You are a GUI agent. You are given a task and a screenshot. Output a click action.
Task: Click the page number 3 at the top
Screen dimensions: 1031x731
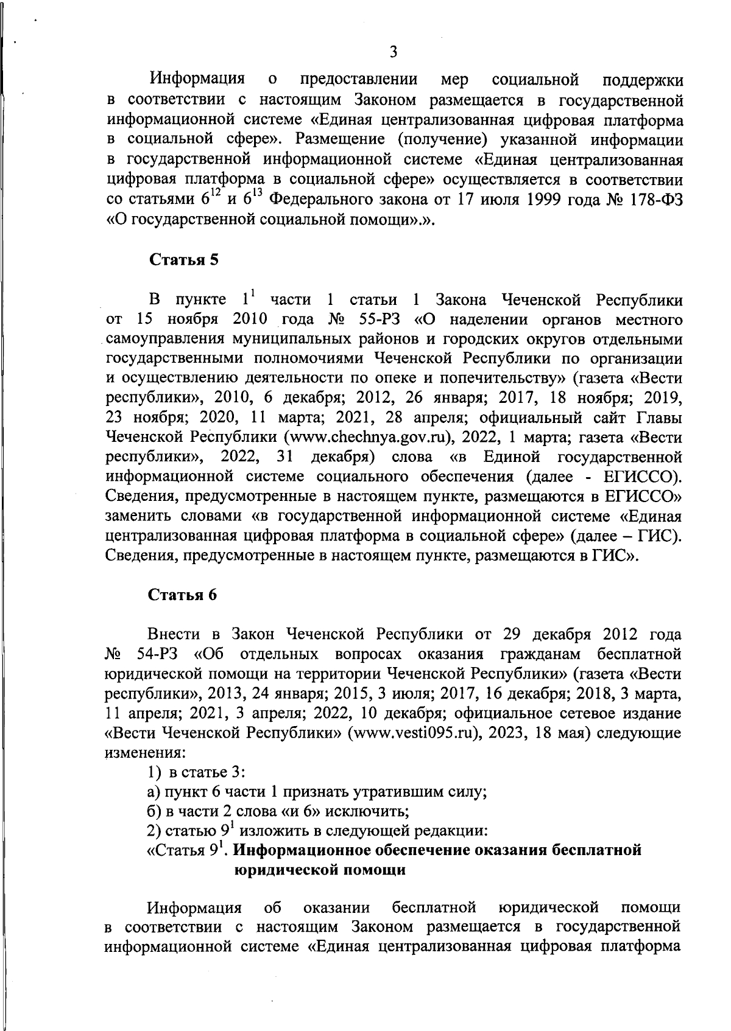[x=393, y=52]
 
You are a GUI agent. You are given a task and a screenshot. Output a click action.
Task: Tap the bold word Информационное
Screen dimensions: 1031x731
[x=303, y=850]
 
